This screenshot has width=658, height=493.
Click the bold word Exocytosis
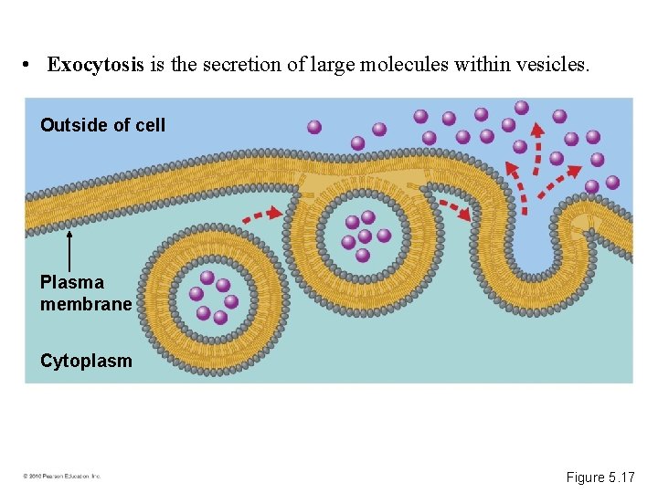[x=96, y=65]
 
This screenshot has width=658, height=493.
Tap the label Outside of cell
[x=102, y=125]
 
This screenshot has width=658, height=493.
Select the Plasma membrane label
[x=86, y=293]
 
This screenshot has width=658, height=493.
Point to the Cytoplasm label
[x=86, y=361]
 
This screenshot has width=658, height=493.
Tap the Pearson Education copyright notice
[x=62, y=477]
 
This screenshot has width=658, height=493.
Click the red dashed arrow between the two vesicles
[x=263, y=215]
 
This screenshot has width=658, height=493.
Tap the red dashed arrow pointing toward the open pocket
[x=453, y=208]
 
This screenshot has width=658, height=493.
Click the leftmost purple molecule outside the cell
[x=314, y=127]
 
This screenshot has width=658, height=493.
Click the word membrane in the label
[x=86, y=304]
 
